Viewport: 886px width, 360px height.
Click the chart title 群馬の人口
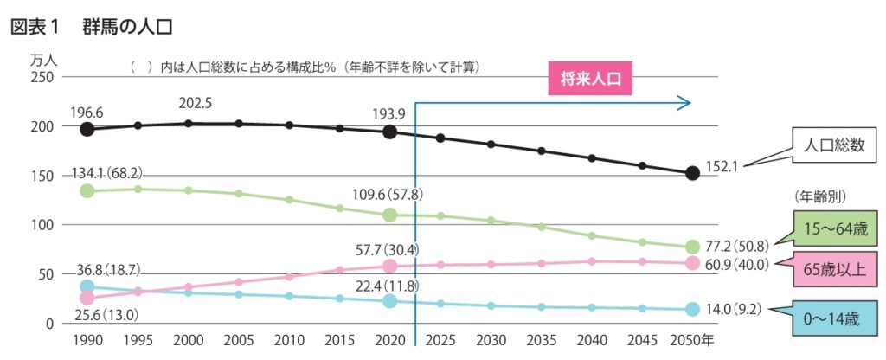pos(128,26)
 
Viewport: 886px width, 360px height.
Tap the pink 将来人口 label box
pos(591,80)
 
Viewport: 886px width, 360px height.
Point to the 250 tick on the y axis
pos(43,77)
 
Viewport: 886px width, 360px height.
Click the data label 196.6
pos(87,112)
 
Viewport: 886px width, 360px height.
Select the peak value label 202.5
pos(196,103)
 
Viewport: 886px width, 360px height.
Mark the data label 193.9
pos(389,114)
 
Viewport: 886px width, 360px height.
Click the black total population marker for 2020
pos(390,132)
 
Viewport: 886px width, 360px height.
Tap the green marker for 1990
pos(87,190)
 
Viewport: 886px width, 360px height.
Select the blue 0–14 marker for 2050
pos(692,309)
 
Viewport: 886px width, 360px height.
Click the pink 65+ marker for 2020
pos(390,267)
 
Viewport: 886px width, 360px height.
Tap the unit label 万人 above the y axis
pos(43,61)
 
